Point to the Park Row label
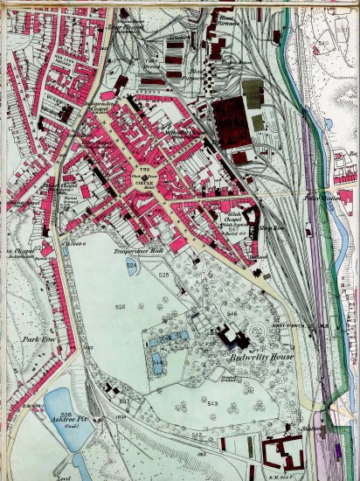click(x=39, y=338)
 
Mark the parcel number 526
click(x=121, y=307)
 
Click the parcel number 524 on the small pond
click(x=131, y=264)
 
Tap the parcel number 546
click(x=231, y=312)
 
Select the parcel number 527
click(x=124, y=400)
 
